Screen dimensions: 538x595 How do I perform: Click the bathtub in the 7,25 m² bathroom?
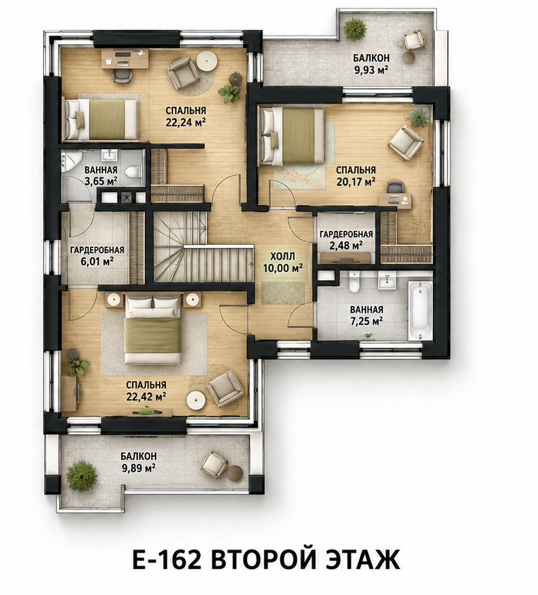point(420,310)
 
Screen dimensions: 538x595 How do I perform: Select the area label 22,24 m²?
point(185,122)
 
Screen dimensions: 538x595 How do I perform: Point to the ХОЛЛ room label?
point(283,256)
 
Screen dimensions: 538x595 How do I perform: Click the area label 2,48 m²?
point(345,245)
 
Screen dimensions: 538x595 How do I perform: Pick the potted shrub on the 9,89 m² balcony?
point(82,476)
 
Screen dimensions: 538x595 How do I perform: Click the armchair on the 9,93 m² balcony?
point(414,40)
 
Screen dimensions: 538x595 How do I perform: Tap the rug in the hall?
point(283,293)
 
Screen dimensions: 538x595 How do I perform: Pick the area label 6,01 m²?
point(97,261)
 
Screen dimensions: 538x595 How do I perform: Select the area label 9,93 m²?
point(371,71)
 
